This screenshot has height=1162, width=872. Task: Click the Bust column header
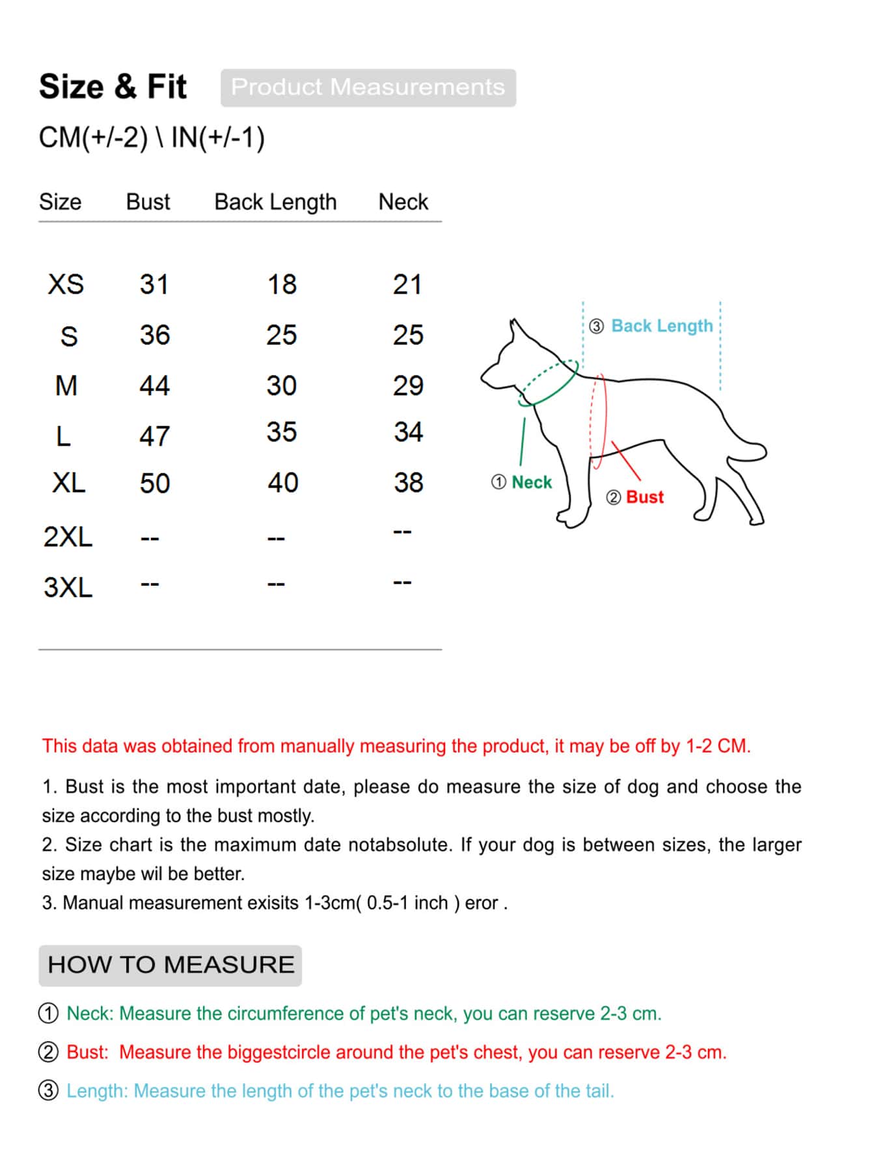coord(148,202)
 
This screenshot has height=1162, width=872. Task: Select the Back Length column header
coord(275,202)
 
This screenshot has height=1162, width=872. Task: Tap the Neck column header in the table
coord(403,202)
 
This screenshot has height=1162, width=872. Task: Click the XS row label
coord(66,284)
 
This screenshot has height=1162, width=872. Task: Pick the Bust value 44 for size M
coord(154,385)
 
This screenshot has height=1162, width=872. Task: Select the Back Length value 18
coord(282,284)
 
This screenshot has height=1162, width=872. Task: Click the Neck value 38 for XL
coord(409,482)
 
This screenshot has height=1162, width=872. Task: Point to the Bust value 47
coord(154,436)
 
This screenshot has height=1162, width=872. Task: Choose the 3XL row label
coord(68,587)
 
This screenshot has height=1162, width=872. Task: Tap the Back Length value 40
coord(282,482)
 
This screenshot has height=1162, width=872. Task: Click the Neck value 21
coord(407,284)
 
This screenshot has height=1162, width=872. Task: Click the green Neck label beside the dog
coord(531,482)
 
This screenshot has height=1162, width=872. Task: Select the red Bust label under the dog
coord(644,497)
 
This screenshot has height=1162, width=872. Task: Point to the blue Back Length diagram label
coord(662,325)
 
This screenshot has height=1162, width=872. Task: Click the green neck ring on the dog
coord(550,384)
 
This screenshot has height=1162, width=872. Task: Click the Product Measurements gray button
coord(368,87)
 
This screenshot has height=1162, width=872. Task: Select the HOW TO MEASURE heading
coord(170,965)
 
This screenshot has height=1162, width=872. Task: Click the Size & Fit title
coord(113,87)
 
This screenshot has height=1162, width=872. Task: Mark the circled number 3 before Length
coord(49,1090)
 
